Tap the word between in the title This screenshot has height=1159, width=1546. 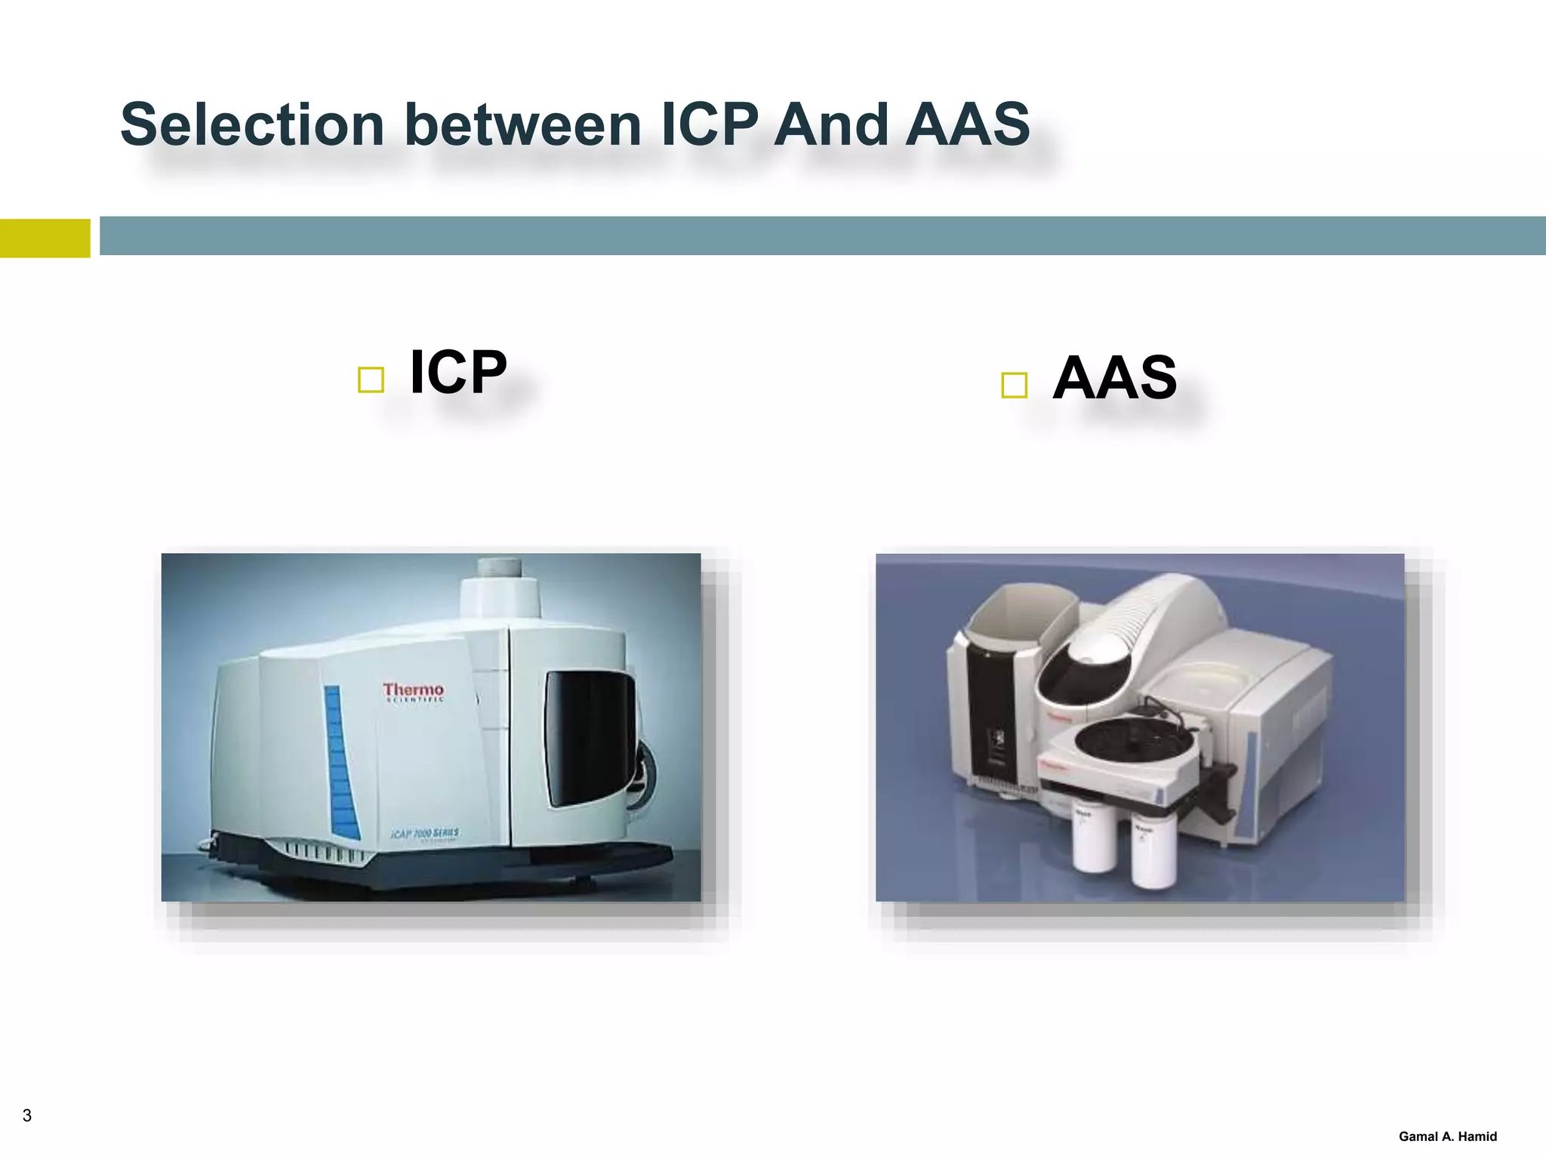click(x=522, y=125)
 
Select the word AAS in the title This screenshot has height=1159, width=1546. click(x=968, y=125)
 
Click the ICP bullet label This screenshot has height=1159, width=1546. click(x=457, y=372)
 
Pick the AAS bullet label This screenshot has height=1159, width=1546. click(x=1114, y=377)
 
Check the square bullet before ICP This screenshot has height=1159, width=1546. click(x=371, y=380)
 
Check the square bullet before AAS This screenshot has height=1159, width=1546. click(x=1014, y=385)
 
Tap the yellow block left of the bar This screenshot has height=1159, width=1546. click(x=45, y=238)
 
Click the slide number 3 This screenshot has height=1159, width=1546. click(x=27, y=1115)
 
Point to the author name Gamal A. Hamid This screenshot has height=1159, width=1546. click(x=1447, y=1136)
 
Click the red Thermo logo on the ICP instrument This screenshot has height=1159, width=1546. click(x=413, y=691)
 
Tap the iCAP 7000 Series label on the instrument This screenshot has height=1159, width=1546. click(x=424, y=833)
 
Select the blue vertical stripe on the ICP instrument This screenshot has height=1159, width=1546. click(x=340, y=762)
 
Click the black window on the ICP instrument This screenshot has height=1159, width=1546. click(x=589, y=736)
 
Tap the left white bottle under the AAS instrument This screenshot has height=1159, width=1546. click(x=1093, y=838)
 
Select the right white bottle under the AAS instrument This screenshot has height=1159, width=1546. click(x=1153, y=853)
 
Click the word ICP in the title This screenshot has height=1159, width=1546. click(x=710, y=125)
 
